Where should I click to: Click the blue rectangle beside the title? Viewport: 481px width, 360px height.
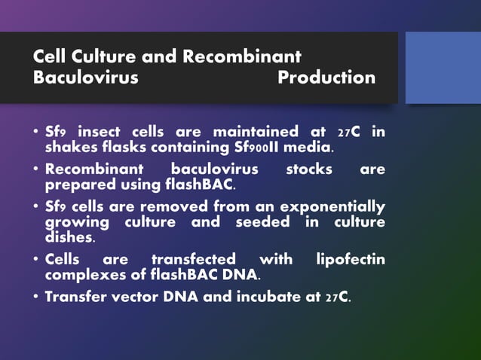pyautogui.click(x=443, y=68)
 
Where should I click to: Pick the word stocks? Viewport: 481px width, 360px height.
pyautogui.click(x=309, y=169)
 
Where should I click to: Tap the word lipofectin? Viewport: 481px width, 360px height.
pyautogui.click(x=349, y=260)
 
